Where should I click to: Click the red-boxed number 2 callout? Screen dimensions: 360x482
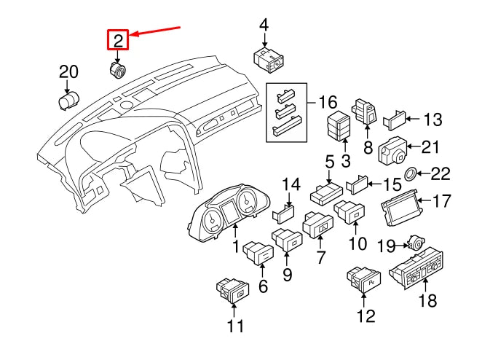(118, 39)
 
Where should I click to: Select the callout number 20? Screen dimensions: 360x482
(68, 72)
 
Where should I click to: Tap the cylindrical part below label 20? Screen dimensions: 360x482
(68, 101)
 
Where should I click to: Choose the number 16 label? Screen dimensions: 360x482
(328, 102)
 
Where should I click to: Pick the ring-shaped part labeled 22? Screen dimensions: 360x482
(411, 173)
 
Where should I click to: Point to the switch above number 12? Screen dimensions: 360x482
(362, 279)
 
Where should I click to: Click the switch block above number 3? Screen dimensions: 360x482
(341, 128)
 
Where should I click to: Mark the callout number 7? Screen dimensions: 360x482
(317, 259)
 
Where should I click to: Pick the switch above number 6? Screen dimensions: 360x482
(258, 254)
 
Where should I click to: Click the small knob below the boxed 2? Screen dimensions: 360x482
(117, 70)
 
